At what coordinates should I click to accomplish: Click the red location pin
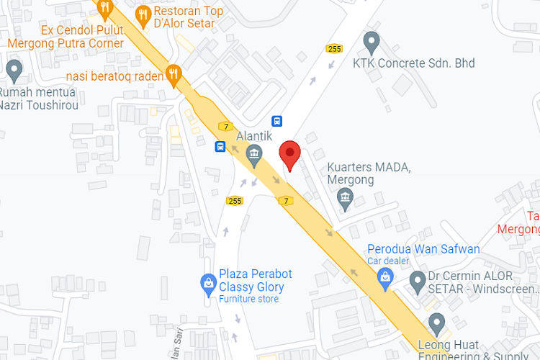click(x=289, y=153)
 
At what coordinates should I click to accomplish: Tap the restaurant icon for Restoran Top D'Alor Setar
click(x=143, y=14)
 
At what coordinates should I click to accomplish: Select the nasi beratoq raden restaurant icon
click(x=173, y=73)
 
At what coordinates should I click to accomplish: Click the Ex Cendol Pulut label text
click(x=82, y=30)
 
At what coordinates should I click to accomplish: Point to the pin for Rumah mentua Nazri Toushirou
click(x=14, y=70)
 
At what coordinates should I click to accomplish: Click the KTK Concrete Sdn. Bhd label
click(x=413, y=63)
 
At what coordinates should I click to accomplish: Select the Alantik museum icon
click(x=253, y=153)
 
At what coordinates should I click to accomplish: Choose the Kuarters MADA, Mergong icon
click(x=346, y=197)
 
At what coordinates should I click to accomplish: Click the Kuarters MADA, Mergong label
click(x=369, y=174)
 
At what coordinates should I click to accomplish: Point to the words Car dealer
click(x=388, y=261)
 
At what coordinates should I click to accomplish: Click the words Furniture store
click(x=248, y=298)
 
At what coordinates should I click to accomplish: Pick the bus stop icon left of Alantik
click(x=220, y=147)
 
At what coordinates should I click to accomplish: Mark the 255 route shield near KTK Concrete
click(x=334, y=48)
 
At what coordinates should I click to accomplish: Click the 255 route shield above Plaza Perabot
click(x=234, y=201)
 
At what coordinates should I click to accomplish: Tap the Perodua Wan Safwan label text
click(x=423, y=249)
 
